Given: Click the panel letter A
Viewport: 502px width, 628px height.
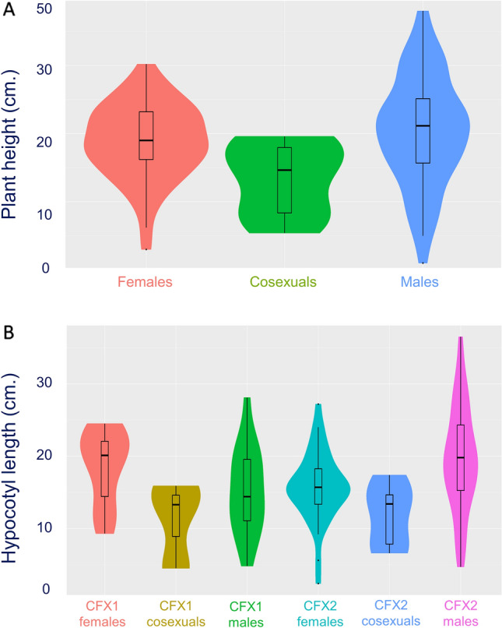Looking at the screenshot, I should click(10, 12).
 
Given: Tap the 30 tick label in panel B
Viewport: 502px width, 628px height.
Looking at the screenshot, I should click(53, 383).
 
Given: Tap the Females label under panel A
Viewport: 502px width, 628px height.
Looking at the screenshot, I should click(145, 281).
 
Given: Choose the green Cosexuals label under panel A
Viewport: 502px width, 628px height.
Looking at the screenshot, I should click(284, 281).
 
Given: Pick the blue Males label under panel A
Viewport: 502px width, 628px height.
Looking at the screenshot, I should click(421, 281).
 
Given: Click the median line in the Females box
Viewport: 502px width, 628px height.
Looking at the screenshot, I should click(146, 140).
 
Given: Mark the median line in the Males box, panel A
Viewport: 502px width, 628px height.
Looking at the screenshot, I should click(422, 125).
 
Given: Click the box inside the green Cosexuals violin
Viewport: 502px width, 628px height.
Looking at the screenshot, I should click(284, 179).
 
